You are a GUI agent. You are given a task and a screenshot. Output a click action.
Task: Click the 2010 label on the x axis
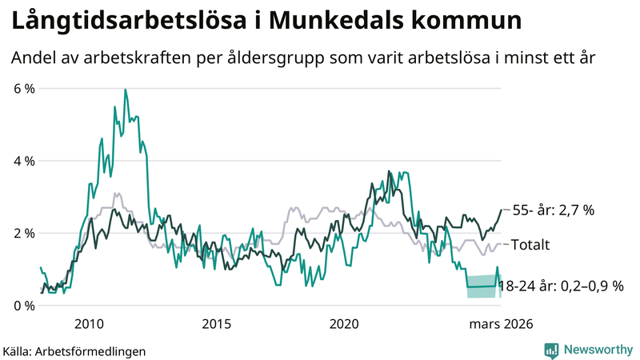[x=89, y=324]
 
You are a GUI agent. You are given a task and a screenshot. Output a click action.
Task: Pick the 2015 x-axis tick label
[x=217, y=324]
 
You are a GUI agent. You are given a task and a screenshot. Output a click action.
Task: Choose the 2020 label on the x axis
[x=344, y=324]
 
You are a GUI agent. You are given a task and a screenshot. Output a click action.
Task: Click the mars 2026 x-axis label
[x=500, y=324]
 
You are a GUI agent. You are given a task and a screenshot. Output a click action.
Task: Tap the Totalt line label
[x=532, y=244]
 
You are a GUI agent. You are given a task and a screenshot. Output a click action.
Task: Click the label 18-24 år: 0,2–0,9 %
[x=561, y=286]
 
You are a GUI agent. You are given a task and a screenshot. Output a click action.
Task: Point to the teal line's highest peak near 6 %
[x=126, y=90]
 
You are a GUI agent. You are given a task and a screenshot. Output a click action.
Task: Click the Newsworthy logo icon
[x=551, y=350]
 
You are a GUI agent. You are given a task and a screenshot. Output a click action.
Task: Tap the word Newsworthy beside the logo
[x=596, y=350]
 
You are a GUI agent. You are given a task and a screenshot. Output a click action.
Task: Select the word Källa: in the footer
[x=18, y=350]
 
